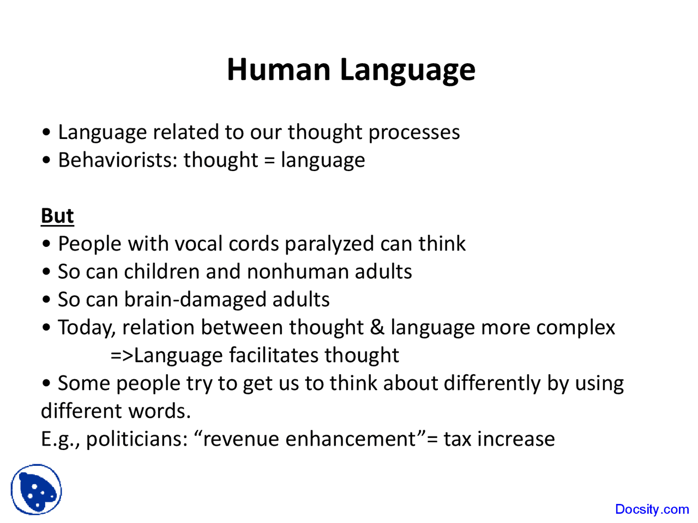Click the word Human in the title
(x=279, y=70)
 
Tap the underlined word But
(x=57, y=216)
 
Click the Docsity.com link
(x=652, y=509)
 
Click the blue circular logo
(x=37, y=489)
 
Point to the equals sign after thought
(x=269, y=161)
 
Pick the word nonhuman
(x=298, y=271)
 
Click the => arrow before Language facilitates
(x=121, y=356)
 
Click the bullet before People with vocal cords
(x=47, y=244)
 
